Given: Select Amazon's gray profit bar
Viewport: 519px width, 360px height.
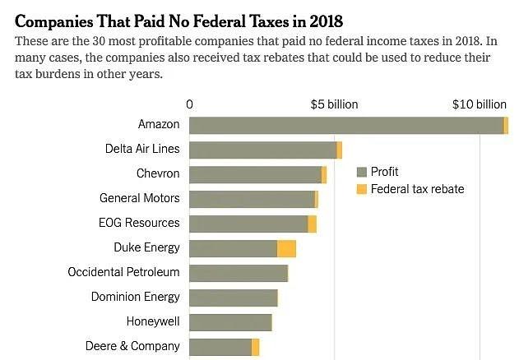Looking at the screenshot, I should click(x=345, y=125).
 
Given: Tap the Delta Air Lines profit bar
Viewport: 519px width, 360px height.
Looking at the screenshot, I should click(x=263, y=150).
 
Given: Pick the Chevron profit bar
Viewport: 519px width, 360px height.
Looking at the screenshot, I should click(x=255, y=174).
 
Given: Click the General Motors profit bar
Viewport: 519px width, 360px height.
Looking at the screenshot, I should click(x=252, y=199).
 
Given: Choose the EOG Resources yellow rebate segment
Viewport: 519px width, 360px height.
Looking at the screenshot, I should click(x=312, y=224).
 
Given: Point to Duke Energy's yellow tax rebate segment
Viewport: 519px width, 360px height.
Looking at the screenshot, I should click(x=286, y=248).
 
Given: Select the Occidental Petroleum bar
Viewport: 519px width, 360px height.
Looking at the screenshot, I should click(x=239, y=273).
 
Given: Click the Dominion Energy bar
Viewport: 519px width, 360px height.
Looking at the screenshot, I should click(x=234, y=298).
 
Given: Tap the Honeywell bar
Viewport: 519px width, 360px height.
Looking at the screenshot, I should click(x=230, y=322).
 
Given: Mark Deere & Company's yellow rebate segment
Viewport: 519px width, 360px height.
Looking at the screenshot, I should click(x=255, y=347).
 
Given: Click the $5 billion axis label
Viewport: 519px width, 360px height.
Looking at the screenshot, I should click(x=335, y=104).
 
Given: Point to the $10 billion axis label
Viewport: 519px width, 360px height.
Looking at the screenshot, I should click(x=480, y=104).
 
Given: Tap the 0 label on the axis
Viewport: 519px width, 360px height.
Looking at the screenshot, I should click(x=190, y=104).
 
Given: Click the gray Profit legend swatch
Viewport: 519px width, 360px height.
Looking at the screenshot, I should click(x=360, y=172).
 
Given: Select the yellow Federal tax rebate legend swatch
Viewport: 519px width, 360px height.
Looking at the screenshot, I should click(x=360, y=190).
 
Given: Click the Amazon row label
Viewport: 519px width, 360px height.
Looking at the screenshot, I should click(x=159, y=124).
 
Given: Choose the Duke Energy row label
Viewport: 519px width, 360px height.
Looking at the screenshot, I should click(x=146, y=247).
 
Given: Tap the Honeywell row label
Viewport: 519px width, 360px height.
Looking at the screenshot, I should click(x=153, y=321).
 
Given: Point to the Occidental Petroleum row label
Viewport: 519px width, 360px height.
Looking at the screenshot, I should click(x=123, y=272).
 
